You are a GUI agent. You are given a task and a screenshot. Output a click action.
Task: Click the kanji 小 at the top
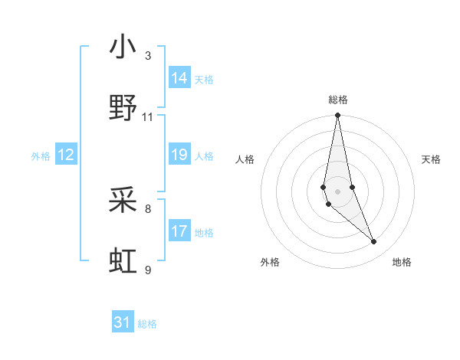(123, 48)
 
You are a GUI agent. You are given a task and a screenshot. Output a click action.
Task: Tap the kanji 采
(123, 201)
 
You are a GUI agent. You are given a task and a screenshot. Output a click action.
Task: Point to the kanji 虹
(123, 261)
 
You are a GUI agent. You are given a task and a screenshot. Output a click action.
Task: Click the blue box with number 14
(179, 78)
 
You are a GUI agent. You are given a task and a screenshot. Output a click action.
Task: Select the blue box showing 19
(179, 155)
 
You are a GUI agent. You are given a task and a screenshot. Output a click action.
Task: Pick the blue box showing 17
(179, 231)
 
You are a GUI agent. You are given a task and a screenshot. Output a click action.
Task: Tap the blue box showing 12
(66, 155)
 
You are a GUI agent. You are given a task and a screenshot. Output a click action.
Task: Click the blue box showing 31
(123, 322)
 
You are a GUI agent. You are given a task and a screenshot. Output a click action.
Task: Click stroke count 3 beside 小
(148, 56)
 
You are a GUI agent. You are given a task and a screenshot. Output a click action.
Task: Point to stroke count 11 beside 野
(148, 117)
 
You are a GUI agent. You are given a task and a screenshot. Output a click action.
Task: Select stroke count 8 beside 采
(148, 208)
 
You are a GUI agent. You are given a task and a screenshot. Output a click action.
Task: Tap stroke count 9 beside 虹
(148, 270)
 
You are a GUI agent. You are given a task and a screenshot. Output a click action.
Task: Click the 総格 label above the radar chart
(338, 100)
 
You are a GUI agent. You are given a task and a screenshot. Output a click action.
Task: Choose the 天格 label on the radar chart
(432, 159)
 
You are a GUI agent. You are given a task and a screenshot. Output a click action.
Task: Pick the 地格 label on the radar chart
(402, 262)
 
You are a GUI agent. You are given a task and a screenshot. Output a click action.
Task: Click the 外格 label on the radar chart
(270, 262)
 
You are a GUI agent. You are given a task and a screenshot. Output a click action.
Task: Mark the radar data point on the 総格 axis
(338, 116)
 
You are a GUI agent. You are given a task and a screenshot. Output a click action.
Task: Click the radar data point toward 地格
(374, 242)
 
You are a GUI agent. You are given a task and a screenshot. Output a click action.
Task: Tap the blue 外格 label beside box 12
(41, 156)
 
